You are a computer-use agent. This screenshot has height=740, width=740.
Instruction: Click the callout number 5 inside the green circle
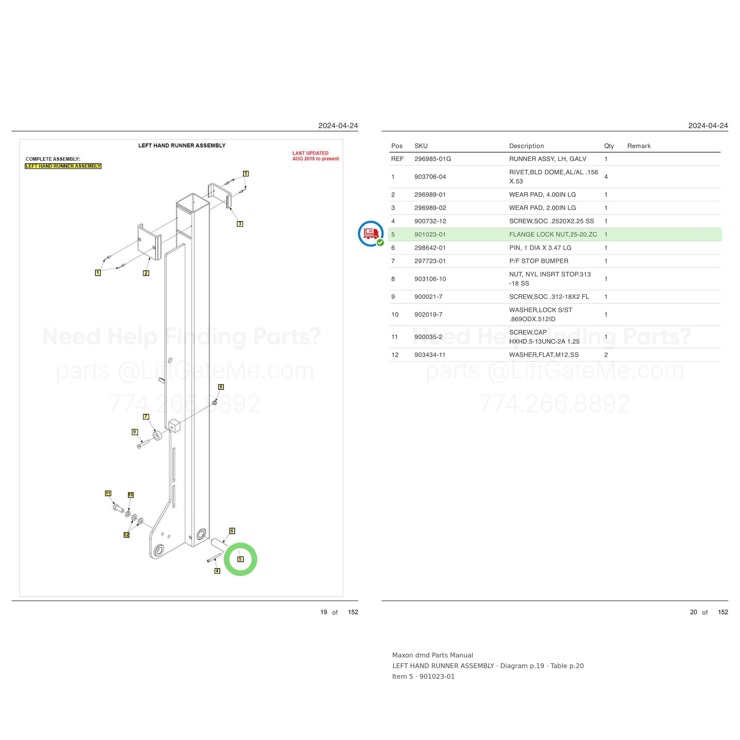click(x=241, y=559)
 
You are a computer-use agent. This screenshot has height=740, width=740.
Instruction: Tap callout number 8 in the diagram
click(x=221, y=387)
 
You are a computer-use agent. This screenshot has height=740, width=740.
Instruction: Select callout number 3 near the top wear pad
click(x=240, y=224)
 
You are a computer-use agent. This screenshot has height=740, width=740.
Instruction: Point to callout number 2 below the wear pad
click(x=146, y=273)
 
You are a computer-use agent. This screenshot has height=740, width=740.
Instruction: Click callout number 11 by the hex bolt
click(x=108, y=493)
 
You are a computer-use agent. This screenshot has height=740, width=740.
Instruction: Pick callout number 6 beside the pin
click(x=232, y=531)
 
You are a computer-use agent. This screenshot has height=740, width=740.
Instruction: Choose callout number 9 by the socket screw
click(x=134, y=432)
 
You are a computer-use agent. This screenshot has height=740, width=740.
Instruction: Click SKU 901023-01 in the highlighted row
click(x=430, y=234)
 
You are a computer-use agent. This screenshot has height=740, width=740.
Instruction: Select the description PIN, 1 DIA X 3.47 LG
click(x=540, y=248)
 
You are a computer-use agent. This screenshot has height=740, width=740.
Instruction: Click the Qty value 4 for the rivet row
click(x=606, y=177)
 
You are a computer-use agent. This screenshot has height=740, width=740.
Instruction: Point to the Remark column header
click(x=639, y=146)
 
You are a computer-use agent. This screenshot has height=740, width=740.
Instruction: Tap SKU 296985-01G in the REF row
click(x=433, y=159)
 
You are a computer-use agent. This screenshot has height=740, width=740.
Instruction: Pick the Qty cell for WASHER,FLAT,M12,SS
click(x=606, y=355)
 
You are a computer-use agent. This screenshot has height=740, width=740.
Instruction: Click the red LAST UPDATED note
click(x=316, y=156)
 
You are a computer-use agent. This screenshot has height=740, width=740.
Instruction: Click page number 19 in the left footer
click(x=324, y=612)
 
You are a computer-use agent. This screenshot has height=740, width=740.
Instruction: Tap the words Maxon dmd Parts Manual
click(x=432, y=655)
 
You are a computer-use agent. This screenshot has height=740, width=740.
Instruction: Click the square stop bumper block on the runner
click(x=174, y=426)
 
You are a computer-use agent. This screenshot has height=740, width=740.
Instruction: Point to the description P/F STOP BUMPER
click(x=538, y=261)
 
